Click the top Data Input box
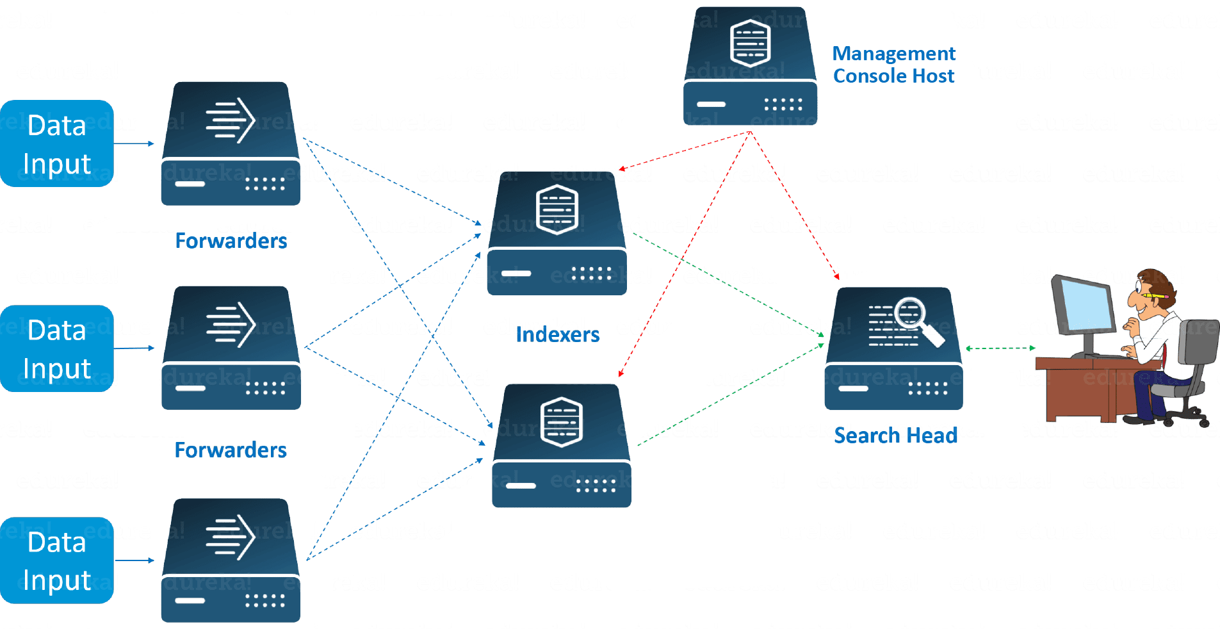(x=57, y=143)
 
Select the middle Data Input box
(x=57, y=348)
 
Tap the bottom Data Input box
(x=57, y=560)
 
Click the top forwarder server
(x=231, y=144)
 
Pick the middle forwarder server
(x=231, y=348)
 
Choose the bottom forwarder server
(x=231, y=560)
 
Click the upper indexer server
(x=557, y=234)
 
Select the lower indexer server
(x=562, y=446)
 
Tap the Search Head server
(x=893, y=349)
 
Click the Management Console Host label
(x=893, y=65)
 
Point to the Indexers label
(x=558, y=334)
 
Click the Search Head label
(x=895, y=436)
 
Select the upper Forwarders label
(x=231, y=241)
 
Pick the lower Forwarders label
(x=231, y=450)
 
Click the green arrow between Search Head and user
(x=1000, y=348)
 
